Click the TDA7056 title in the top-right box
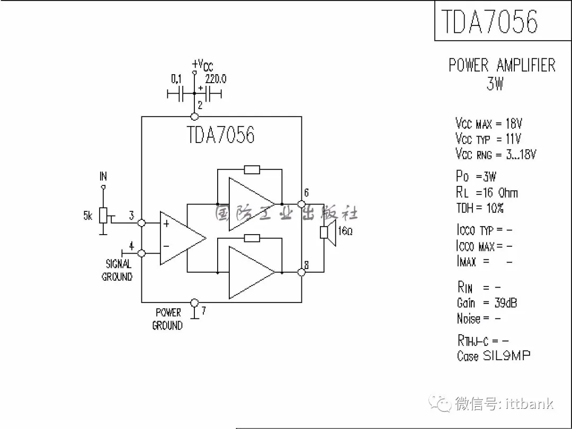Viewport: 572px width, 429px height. [489, 21]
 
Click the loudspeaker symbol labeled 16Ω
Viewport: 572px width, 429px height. [328, 234]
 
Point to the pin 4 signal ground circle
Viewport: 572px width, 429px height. [141, 253]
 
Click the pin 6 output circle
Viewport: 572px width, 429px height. [301, 204]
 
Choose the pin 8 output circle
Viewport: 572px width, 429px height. [301, 272]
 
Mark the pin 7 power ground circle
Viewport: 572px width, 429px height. [194, 302]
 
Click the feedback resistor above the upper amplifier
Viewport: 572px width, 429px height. [252, 169]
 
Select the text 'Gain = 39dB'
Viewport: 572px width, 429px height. [487, 303]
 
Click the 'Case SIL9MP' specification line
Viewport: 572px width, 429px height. [493, 356]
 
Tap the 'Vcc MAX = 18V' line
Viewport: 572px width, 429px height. [488, 124]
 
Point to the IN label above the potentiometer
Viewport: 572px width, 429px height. [103, 176]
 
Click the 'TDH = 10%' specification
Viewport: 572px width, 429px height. [480, 208]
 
